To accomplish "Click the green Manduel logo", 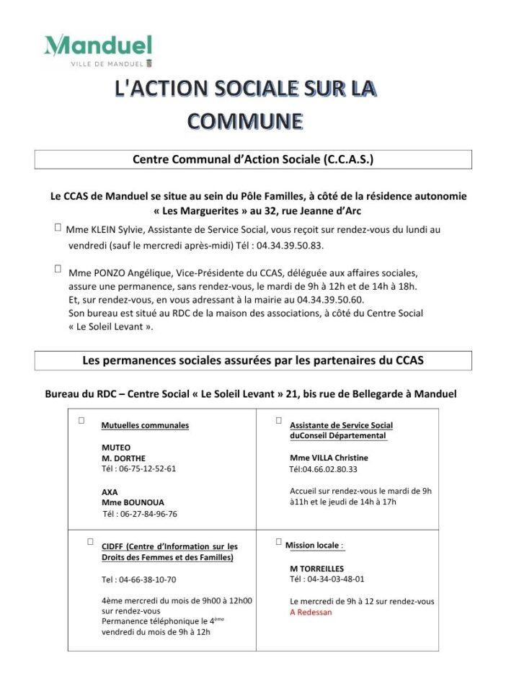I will (x=97, y=48).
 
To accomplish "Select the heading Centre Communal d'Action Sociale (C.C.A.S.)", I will (x=253, y=159).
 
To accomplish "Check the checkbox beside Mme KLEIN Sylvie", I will (x=57, y=227).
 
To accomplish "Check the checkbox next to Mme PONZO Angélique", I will (x=57, y=269).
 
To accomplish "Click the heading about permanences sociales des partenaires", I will (x=253, y=360).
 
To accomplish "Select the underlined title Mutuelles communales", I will (x=145, y=425).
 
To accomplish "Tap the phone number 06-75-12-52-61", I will (x=139, y=468).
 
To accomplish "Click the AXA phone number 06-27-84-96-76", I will (x=140, y=514).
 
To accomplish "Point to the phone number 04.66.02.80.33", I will (x=324, y=468).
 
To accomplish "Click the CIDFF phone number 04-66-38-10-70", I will (x=139, y=579).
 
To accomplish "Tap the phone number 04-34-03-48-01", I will (x=327, y=579).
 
